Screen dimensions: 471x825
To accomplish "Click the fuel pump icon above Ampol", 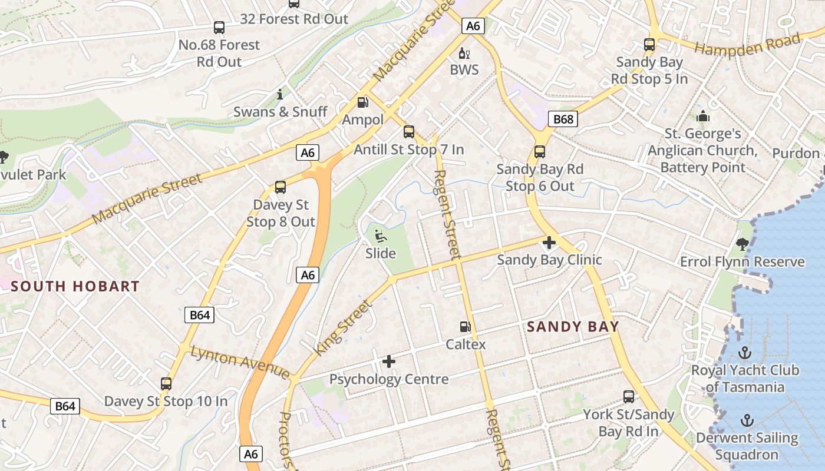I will [362, 102].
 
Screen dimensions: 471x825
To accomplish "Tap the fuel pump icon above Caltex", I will [466, 326].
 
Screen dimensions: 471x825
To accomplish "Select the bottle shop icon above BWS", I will [464, 53].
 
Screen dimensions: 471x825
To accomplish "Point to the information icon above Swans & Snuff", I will [280, 94].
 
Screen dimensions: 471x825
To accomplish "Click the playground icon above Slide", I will [381, 236].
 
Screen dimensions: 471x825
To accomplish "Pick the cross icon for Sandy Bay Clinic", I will [549, 242].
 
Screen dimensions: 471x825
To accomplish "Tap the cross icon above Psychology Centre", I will [389, 361].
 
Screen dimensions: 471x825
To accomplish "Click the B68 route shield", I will [563, 120].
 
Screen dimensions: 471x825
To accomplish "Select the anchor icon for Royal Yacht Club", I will [745, 353].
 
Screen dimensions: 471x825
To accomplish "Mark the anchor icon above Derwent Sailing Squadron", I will [747, 420].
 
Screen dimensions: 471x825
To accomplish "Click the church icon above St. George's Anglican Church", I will [702, 117].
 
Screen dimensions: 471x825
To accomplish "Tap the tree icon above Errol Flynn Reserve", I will [742, 244].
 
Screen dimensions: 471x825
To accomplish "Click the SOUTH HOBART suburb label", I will [75, 287].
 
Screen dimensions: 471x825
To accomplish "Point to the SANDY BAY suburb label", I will [573, 327].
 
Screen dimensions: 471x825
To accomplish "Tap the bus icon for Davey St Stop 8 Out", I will [280, 187].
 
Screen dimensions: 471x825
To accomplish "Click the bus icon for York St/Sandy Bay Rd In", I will [629, 397].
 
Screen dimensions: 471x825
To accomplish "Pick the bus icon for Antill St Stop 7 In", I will [409, 132].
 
